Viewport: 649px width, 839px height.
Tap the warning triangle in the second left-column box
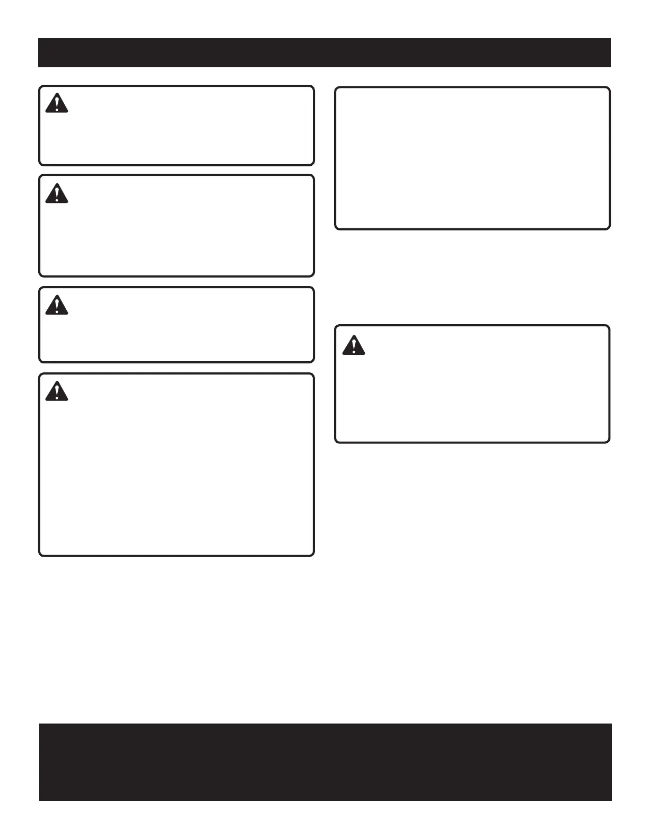[x=56, y=193]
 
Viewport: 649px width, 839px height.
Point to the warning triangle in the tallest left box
[x=56, y=391]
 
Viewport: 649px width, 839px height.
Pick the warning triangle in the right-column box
[x=353, y=345]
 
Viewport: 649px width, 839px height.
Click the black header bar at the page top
[x=324, y=52]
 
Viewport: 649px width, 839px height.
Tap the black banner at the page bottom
[x=325, y=762]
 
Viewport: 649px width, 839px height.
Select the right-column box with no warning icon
[x=472, y=158]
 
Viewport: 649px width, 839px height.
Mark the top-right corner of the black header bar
[x=610, y=39]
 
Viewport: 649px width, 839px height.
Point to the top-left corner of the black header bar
[x=39, y=39]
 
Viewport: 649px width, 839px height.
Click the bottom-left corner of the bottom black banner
[x=40, y=800]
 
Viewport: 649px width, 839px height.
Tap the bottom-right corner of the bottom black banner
[x=611, y=800]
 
